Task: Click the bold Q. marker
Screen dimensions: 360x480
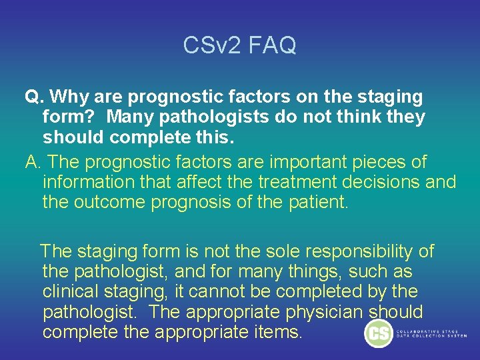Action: point(34,97)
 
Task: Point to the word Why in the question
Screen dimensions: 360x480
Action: point(69,97)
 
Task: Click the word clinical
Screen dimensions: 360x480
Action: point(71,291)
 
